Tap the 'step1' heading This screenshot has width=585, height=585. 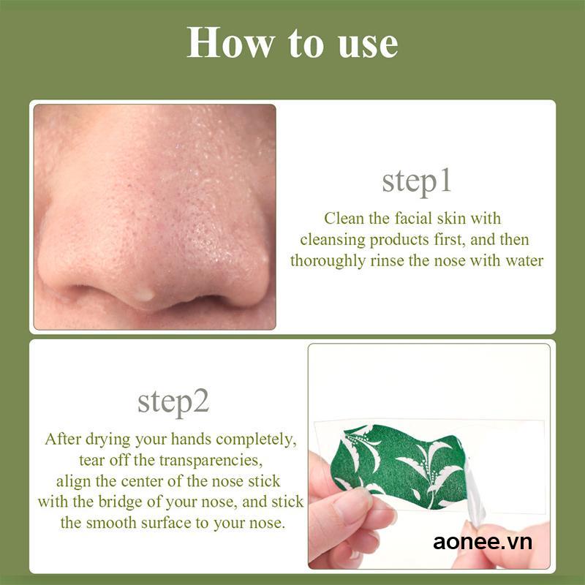[417, 182]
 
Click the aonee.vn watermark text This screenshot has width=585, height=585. [483, 542]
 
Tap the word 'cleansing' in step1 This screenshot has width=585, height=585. [333, 240]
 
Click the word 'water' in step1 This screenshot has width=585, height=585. [521, 261]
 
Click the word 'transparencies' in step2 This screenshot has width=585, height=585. [214, 461]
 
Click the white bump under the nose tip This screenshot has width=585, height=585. [145, 294]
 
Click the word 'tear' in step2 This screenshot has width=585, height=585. [92, 461]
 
